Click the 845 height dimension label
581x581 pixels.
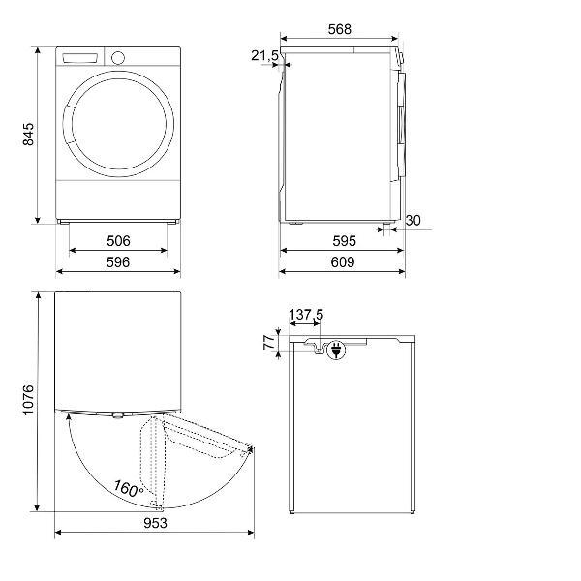coord(28,135)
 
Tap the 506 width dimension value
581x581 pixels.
coord(118,241)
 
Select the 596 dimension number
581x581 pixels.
coord(118,262)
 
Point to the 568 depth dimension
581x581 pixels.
coord(340,29)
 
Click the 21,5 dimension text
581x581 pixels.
coord(264,56)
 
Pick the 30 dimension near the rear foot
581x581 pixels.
coord(413,221)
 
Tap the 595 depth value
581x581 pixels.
coord(344,241)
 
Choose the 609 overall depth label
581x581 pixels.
coord(343,262)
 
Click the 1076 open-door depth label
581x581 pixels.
coord(28,400)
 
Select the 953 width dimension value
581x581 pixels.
coord(155,523)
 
